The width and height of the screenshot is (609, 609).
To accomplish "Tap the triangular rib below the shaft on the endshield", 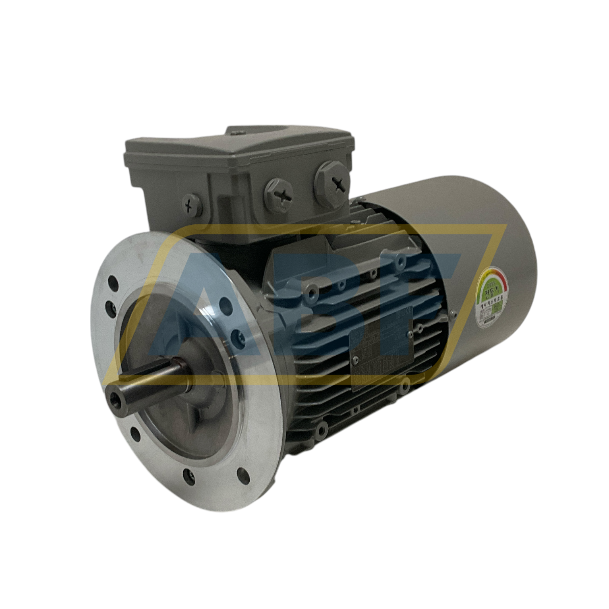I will point(189,423).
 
